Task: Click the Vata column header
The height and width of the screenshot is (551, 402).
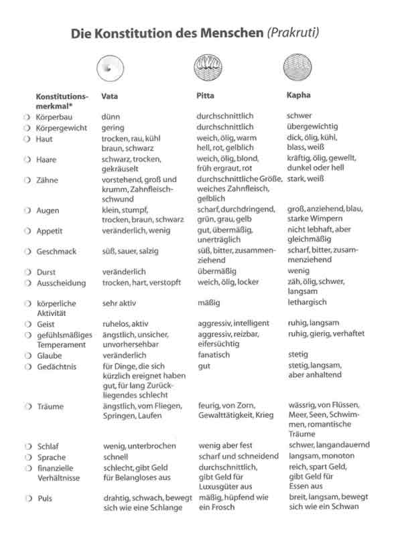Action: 110,96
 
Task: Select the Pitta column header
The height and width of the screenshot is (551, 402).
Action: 205,96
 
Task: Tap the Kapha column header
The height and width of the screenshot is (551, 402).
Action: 298,96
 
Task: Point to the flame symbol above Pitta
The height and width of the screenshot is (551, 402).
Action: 205,67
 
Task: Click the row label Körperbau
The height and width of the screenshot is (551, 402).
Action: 54,116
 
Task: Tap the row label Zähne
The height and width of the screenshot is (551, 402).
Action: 48,180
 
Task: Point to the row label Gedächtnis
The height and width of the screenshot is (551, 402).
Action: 56,366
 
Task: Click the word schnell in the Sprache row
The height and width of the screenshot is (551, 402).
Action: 115,457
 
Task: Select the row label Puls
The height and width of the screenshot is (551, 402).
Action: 45,499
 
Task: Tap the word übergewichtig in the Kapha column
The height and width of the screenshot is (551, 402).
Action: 312,127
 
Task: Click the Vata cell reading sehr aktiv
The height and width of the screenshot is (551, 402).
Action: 119,303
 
